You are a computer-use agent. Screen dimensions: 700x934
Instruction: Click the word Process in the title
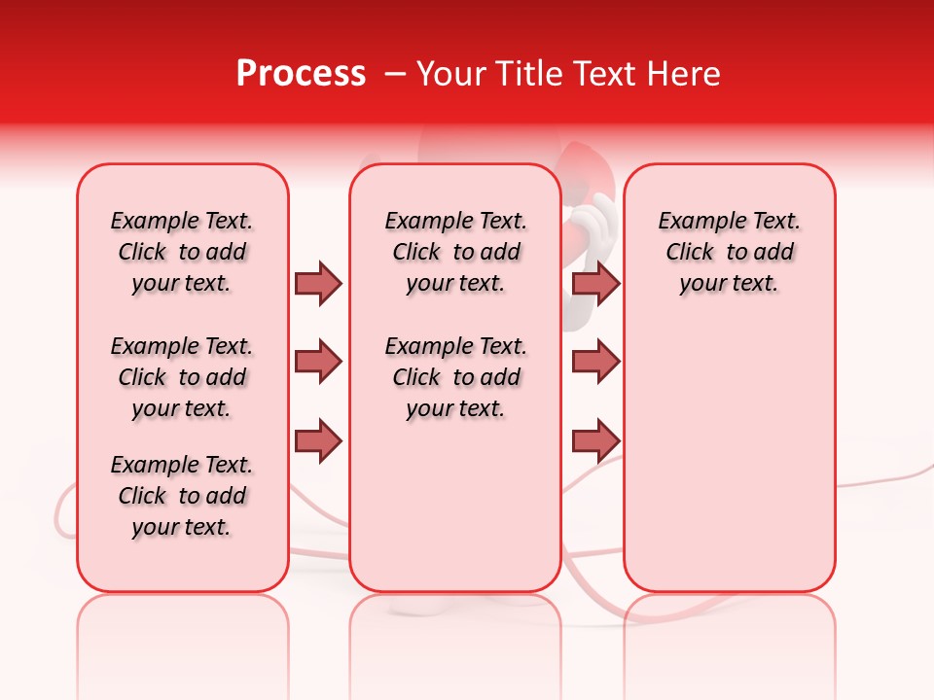coord(301,74)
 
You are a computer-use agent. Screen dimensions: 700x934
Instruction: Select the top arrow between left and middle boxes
coord(318,283)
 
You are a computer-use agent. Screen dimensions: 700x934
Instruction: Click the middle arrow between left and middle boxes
coord(318,362)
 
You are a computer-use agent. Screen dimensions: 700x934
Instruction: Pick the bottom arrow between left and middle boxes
coord(318,440)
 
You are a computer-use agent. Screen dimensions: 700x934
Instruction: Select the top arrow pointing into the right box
coord(595,283)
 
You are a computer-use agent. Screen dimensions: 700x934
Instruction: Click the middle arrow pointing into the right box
coord(595,362)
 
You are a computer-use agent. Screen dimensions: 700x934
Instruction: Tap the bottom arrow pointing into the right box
coord(595,440)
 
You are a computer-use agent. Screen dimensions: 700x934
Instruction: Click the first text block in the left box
coord(182,252)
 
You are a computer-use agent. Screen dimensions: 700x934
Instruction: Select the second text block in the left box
coord(182,377)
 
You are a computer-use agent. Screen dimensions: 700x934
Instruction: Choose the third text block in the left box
coord(182,496)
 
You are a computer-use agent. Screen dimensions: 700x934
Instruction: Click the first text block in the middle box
coord(456,252)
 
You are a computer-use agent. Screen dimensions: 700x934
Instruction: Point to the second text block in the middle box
coord(456,377)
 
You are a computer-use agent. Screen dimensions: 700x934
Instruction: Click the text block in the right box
coord(730,252)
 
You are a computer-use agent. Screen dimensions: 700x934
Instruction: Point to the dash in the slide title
coord(395,74)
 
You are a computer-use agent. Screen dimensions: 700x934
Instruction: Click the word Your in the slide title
coord(449,74)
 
